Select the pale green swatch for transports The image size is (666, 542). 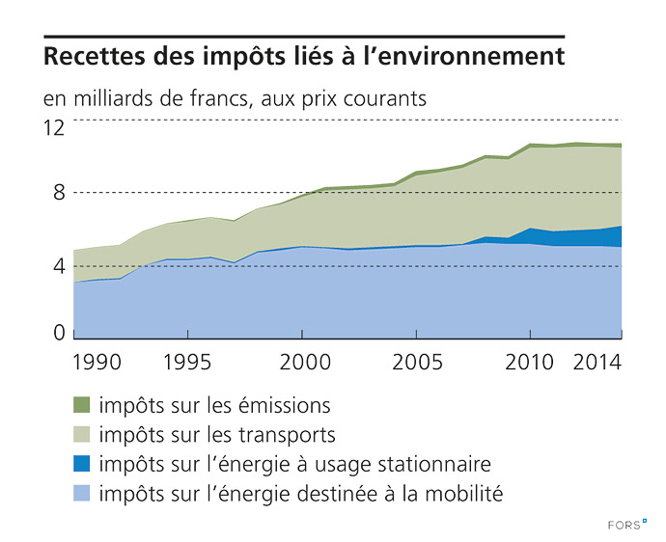[82, 435]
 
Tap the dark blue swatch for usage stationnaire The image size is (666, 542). [82, 464]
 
